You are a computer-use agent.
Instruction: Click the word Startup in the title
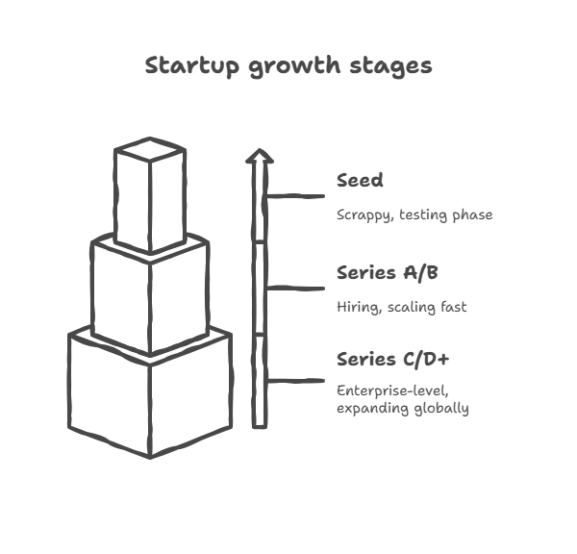[192, 66]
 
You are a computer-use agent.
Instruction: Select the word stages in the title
[390, 67]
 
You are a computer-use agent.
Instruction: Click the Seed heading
[360, 181]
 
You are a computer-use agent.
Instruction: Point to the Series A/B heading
[388, 273]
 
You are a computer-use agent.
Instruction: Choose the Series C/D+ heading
[393, 360]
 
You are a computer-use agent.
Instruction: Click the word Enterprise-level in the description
[392, 390]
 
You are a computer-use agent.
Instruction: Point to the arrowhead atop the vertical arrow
[260, 156]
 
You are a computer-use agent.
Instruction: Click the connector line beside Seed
[295, 196]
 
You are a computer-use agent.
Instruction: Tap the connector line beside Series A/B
[295, 289]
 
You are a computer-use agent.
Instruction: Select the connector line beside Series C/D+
[295, 380]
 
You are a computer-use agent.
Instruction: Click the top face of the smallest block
[150, 149]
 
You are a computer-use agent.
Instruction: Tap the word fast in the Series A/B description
[453, 307]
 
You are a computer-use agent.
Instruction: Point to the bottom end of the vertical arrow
[260, 427]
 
